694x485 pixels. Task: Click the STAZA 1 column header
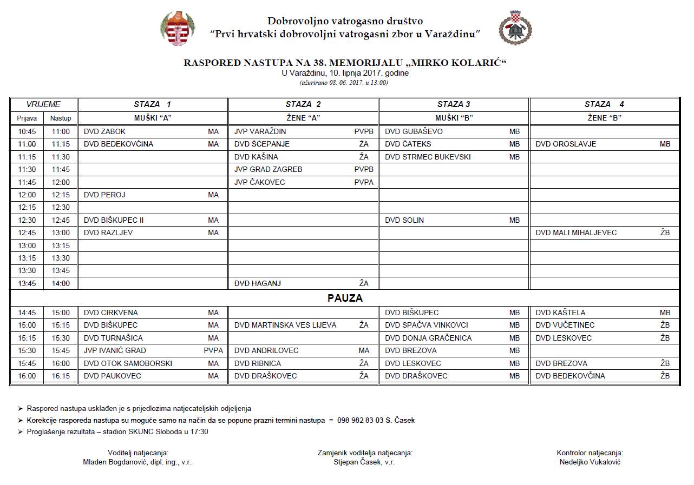click(x=152, y=104)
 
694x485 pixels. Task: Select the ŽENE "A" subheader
click(x=303, y=118)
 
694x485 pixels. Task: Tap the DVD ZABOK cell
click(x=105, y=131)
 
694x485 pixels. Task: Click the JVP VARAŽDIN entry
click(x=260, y=131)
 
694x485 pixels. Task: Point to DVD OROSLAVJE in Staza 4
click(x=566, y=144)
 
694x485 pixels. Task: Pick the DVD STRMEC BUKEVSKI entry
click(x=428, y=157)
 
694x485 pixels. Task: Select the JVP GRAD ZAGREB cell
click(x=268, y=169)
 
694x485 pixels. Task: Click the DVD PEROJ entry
click(x=104, y=195)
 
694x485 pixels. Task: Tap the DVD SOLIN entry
click(x=404, y=220)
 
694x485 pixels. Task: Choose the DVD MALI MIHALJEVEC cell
click(x=576, y=233)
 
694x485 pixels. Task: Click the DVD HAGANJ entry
click(x=258, y=283)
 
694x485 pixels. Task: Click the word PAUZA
click(x=345, y=298)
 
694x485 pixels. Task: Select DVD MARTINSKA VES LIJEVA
click(x=285, y=325)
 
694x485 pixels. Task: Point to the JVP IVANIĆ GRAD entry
click(x=115, y=350)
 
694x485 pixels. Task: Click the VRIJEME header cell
click(x=43, y=104)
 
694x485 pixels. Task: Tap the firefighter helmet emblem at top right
click(x=515, y=27)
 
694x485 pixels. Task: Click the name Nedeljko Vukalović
click(x=590, y=462)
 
